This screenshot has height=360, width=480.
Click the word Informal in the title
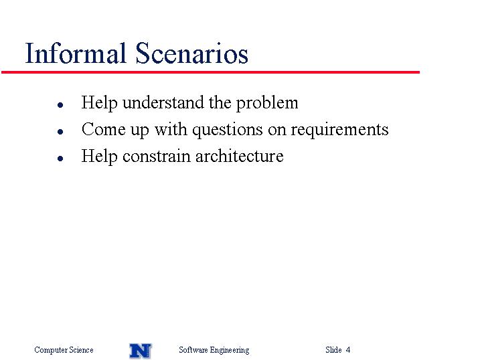(76, 53)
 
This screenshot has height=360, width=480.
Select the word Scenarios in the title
(191, 53)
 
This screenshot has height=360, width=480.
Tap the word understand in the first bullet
(163, 103)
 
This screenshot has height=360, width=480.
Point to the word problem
(267, 103)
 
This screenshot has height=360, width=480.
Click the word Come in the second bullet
(104, 129)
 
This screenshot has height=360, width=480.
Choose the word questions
(228, 130)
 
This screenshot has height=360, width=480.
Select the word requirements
(339, 130)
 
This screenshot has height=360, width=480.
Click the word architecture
(240, 157)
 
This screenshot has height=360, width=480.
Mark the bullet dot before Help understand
(60, 105)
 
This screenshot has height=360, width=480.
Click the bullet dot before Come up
(60, 132)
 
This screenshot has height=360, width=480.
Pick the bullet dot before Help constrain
(60, 159)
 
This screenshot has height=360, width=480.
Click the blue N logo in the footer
(141, 351)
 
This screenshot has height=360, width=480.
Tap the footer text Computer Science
(64, 349)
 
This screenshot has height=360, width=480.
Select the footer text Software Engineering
(214, 350)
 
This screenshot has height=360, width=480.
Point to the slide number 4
(348, 349)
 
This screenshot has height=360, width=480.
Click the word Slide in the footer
(333, 349)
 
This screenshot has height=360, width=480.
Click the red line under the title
(211, 72)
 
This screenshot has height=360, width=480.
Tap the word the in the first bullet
(220, 102)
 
